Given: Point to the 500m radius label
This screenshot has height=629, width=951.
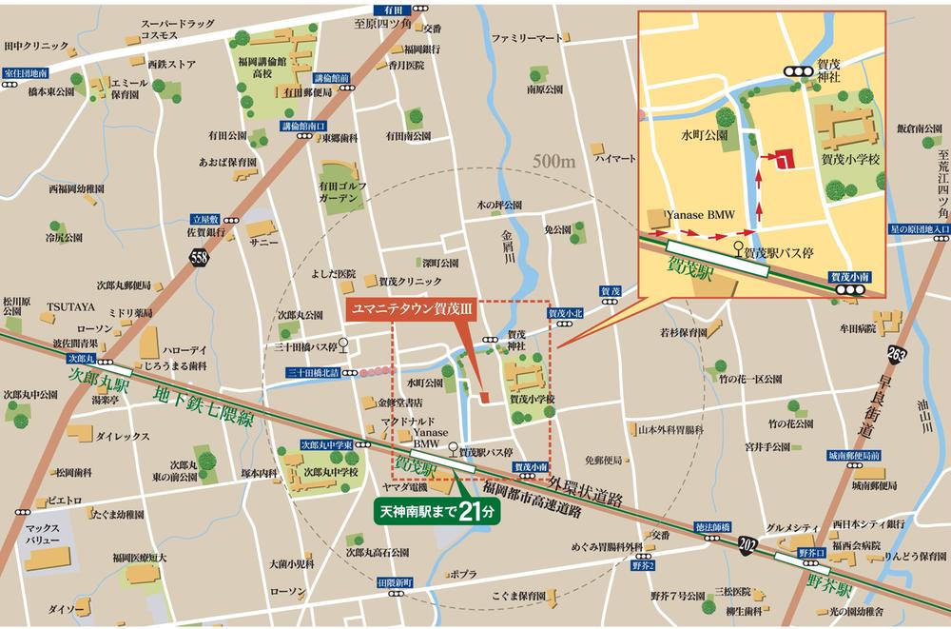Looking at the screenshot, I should pos(554,162).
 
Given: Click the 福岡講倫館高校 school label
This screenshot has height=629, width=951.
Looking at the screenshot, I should pos(258,67).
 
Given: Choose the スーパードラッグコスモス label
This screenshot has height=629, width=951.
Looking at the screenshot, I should pos(146,27).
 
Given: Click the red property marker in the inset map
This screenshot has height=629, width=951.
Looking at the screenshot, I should pos(782,159).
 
